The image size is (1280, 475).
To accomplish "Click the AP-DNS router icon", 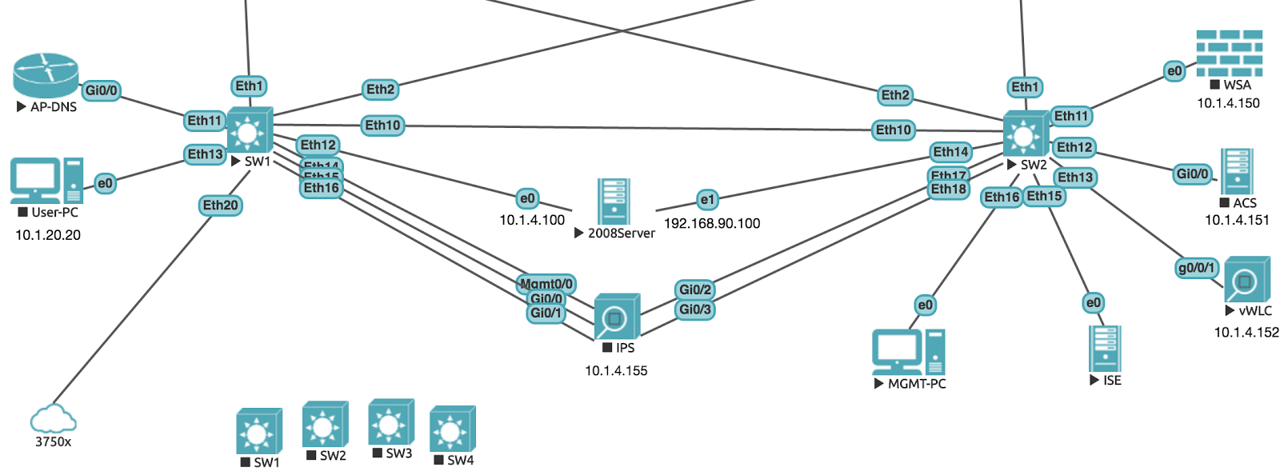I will (46, 75).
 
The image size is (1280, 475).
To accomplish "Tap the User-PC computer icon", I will (46, 181).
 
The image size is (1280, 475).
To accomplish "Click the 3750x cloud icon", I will (53, 418).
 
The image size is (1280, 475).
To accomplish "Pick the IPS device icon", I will (617, 317).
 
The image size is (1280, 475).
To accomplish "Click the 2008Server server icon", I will (614, 201).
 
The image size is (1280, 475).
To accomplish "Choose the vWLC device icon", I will (1246, 280).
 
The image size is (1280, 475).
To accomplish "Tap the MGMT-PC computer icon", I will (908, 352).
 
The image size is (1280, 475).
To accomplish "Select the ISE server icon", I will (1105, 349).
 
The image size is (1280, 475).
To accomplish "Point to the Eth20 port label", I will (220, 206).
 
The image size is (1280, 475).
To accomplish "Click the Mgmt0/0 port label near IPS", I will (546, 284).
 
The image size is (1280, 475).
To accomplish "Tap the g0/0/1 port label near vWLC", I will (1196, 268).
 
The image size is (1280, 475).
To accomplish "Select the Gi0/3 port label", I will (694, 309).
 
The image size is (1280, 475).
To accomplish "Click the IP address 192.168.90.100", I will (712, 224).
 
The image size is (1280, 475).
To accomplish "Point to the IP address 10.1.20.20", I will (48, 235).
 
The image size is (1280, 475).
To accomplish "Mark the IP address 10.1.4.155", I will (616, 371).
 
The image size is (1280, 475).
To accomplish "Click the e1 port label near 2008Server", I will (707, 199).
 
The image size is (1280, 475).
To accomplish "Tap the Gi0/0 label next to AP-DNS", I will (102, 90).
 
